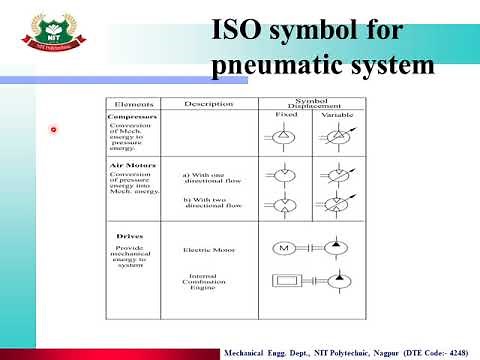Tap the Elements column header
(132, 103)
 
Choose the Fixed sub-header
(285, 115)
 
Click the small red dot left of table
(55, 129)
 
